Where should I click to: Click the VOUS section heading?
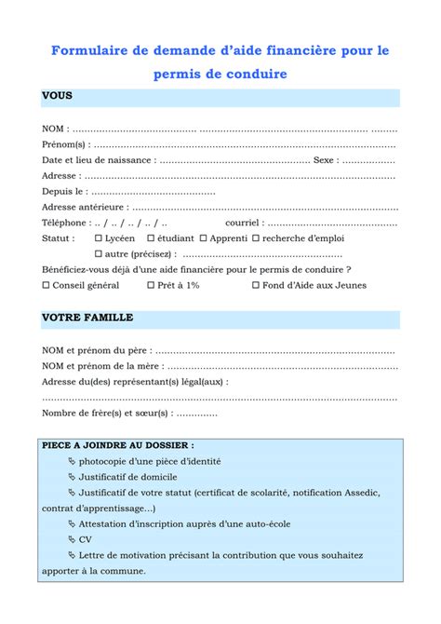(x=57, y=96)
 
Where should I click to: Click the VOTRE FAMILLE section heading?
(x=87, y=318)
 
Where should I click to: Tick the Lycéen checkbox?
(x=100, y=238)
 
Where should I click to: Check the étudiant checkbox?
(x=150, y=238)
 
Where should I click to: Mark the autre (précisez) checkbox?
(x=100, y=253)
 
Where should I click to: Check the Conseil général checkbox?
(x=47, y=286)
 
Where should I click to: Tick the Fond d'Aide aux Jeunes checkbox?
(x=255, y=286)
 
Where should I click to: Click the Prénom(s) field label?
(x=64, y=143)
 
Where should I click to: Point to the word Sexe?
(x=323, y=159)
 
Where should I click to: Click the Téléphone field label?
(x=64, y=223)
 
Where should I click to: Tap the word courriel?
(x=243, y=223)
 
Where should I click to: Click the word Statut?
(x=58, y=238)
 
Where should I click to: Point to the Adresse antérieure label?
(x=82, y=207)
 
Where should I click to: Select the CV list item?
(x=86, y=539)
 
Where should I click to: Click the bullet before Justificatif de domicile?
(x=73, y=477)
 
